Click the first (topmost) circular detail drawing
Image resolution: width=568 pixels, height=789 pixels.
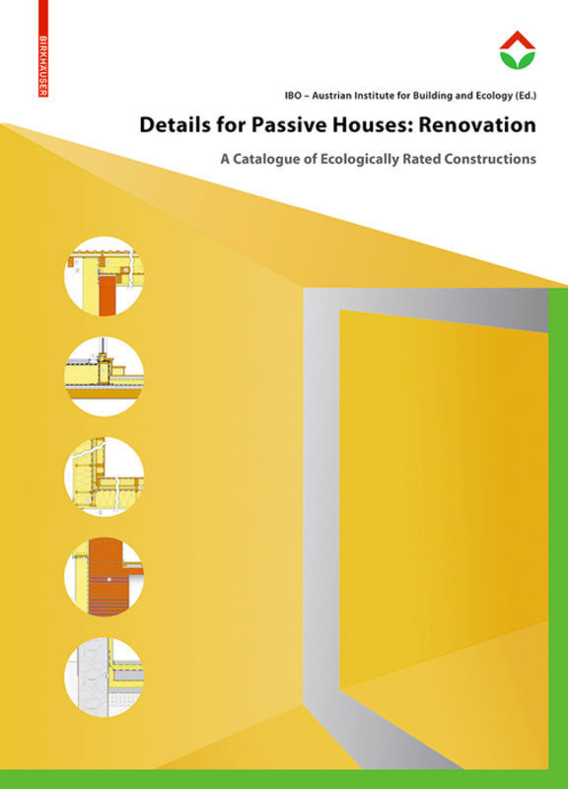(105, 274)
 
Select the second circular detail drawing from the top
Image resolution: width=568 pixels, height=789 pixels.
(105, 375)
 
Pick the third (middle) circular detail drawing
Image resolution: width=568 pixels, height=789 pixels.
(105, 476)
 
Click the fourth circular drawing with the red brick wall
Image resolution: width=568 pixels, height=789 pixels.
(105, 578)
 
